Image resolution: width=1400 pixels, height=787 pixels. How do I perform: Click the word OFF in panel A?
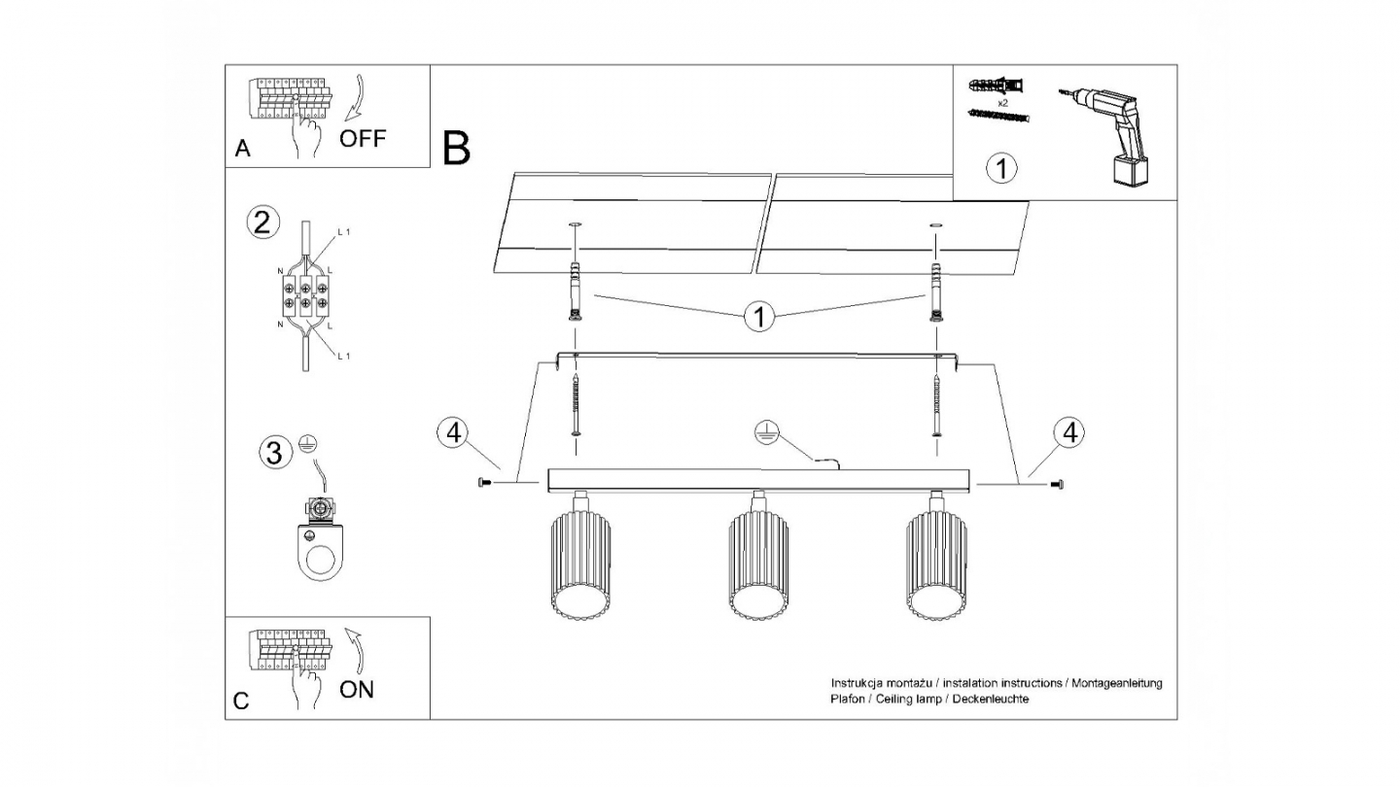coord(363,138)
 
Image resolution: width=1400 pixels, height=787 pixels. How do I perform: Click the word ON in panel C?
coord(357,690)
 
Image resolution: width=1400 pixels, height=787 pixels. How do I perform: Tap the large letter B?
coord(456,148)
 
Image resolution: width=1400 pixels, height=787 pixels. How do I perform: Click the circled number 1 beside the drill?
coord(1001,169)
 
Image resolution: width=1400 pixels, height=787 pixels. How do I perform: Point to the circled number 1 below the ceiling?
coord(759,317)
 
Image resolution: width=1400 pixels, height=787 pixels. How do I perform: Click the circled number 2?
coord(262,223)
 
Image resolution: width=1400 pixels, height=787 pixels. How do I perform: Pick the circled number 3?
coord(275,452)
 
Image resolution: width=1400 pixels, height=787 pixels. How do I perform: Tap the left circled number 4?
coord(454,432)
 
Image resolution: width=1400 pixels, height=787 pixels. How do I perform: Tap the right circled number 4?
coord(1069,432)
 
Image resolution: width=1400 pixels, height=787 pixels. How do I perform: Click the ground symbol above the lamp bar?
coord(767,432)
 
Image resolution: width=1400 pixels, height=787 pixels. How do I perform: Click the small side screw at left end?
coord(484,482)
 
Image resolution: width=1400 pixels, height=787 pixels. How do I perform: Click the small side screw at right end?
coord(1057,484)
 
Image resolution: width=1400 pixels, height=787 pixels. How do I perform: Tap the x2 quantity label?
coord(1002,103)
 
